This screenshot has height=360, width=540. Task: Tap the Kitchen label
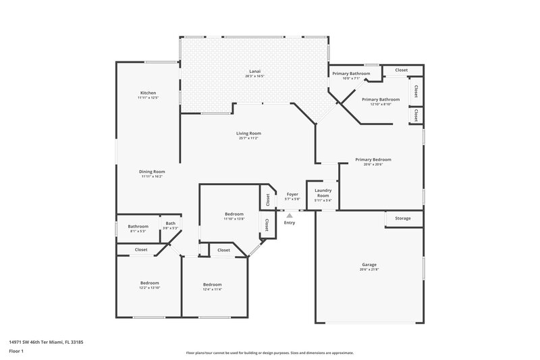click(148, 93)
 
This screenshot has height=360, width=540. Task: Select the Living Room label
click(248, 133)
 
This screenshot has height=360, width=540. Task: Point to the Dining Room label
click(153, 172)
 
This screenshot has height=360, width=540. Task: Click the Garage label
click(369, 264)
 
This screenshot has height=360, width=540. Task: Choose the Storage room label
click(403, 218)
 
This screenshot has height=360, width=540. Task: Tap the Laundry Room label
click(323, 193)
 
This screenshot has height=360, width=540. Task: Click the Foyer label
click(292, 194)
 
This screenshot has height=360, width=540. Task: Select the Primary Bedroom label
click(373, 159)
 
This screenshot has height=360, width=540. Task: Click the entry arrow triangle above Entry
click(290, 215)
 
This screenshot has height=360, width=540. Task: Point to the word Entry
click(290, 222)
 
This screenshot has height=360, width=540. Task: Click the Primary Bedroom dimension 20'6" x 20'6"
click(373, 164)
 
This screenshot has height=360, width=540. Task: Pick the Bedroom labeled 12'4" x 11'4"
click(212, 284)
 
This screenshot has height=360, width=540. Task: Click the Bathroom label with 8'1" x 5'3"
click(138, 226)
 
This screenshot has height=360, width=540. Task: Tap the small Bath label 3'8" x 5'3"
click(170, 224)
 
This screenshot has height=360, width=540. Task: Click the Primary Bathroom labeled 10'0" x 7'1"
click(350, 73)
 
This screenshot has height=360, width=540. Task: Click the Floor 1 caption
click(16, 352)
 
